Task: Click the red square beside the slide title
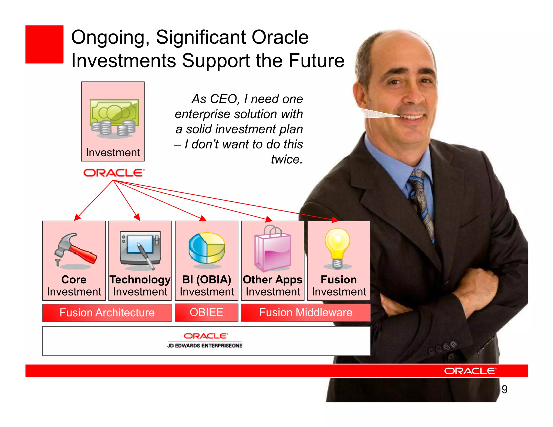44,45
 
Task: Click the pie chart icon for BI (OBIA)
207,248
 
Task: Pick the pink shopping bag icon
273,249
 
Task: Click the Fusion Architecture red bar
107,313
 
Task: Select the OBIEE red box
207,312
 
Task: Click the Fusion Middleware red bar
306,312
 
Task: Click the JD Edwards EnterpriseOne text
205,345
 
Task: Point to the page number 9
504,389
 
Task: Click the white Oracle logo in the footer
470,371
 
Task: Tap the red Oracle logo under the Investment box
114,173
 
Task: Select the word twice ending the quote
286,159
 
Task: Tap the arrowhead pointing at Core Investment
77,217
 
